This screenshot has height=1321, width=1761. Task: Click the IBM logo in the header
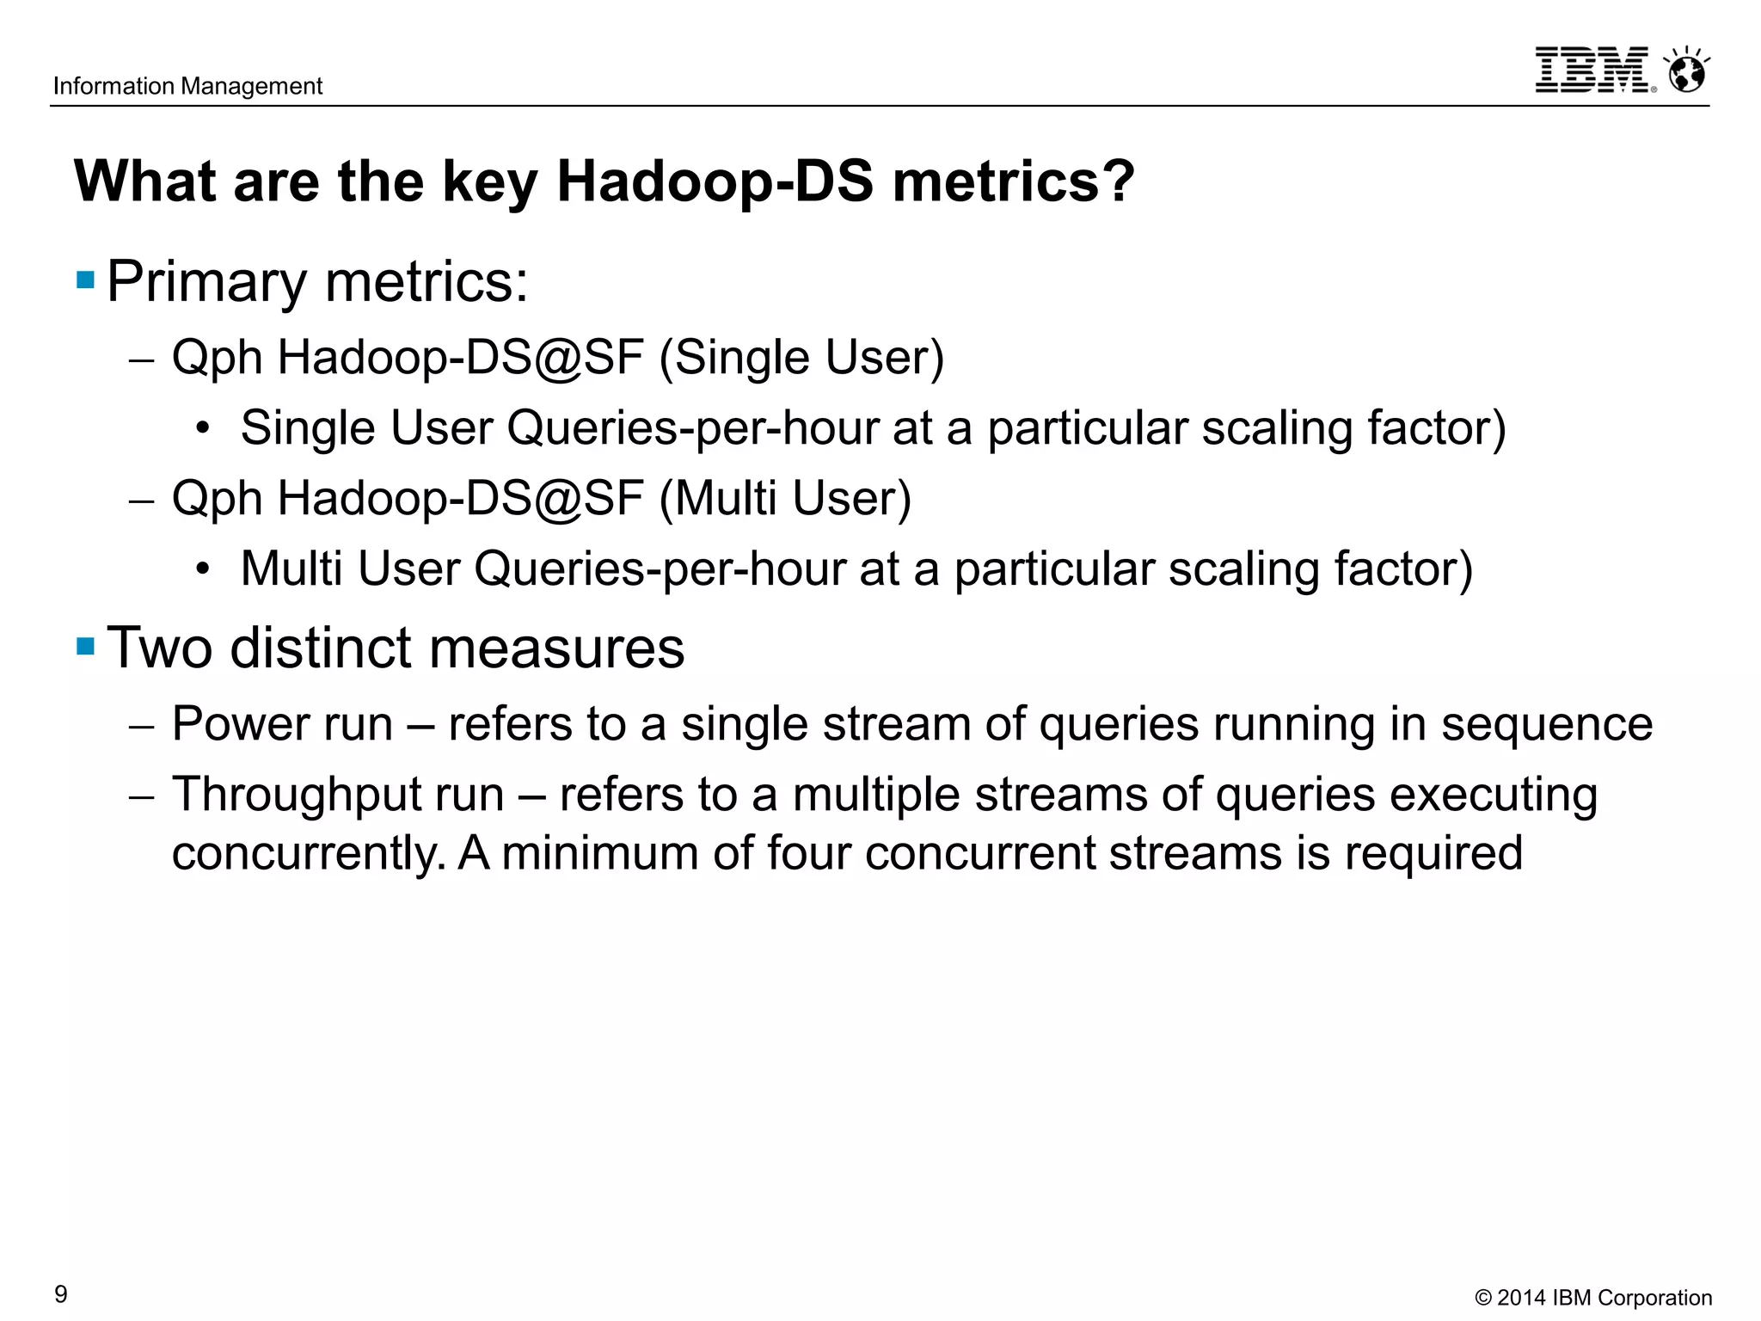point(1593,71)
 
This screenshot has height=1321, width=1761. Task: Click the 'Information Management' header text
point(187,86)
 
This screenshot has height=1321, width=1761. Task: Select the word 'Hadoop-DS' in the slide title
point(715,181)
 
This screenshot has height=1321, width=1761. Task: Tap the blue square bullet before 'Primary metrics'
point(85,280)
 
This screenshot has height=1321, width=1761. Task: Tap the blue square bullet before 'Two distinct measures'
point(85,646)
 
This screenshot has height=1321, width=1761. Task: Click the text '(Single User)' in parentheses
point(801,357)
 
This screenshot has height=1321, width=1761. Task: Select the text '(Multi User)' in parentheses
point(785,498)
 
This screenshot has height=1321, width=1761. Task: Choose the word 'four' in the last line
point(808,853)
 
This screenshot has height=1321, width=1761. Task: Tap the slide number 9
point(61,1293)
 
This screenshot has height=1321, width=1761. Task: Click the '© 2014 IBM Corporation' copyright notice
point(1592,1297)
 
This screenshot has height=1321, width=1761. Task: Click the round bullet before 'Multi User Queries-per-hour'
point(203,568)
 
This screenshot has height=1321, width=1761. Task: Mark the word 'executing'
point(1494,795)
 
